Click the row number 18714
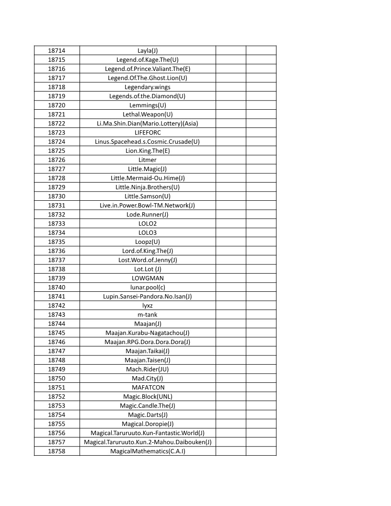click(x=57, y=51)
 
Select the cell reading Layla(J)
click(x=148, y=51)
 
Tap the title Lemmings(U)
click(x=148, y=105)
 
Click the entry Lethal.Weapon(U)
click(x=148, y=115)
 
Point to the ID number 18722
click(x=57, y=124)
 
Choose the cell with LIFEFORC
click(x=148, y=133)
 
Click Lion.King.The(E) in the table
click(x=148, y=151)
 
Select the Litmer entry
click(x=148, y=160)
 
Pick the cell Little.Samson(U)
click(x=148, y=196)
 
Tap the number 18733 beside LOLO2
click(x=57, y=224)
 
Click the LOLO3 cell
click(x=148, y=233)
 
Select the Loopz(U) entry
click(x=148, y=242)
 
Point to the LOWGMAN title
click(x=148, y=278)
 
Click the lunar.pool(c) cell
click(x=148, y=287)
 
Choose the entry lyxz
click(x=148, y=306)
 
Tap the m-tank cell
click(x=148, y=315)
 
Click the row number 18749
click(x=57, y=369)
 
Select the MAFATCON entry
click(x=148, y=388)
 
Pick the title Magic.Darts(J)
click(x=148, y=415)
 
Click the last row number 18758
click(x=57, y=451)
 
